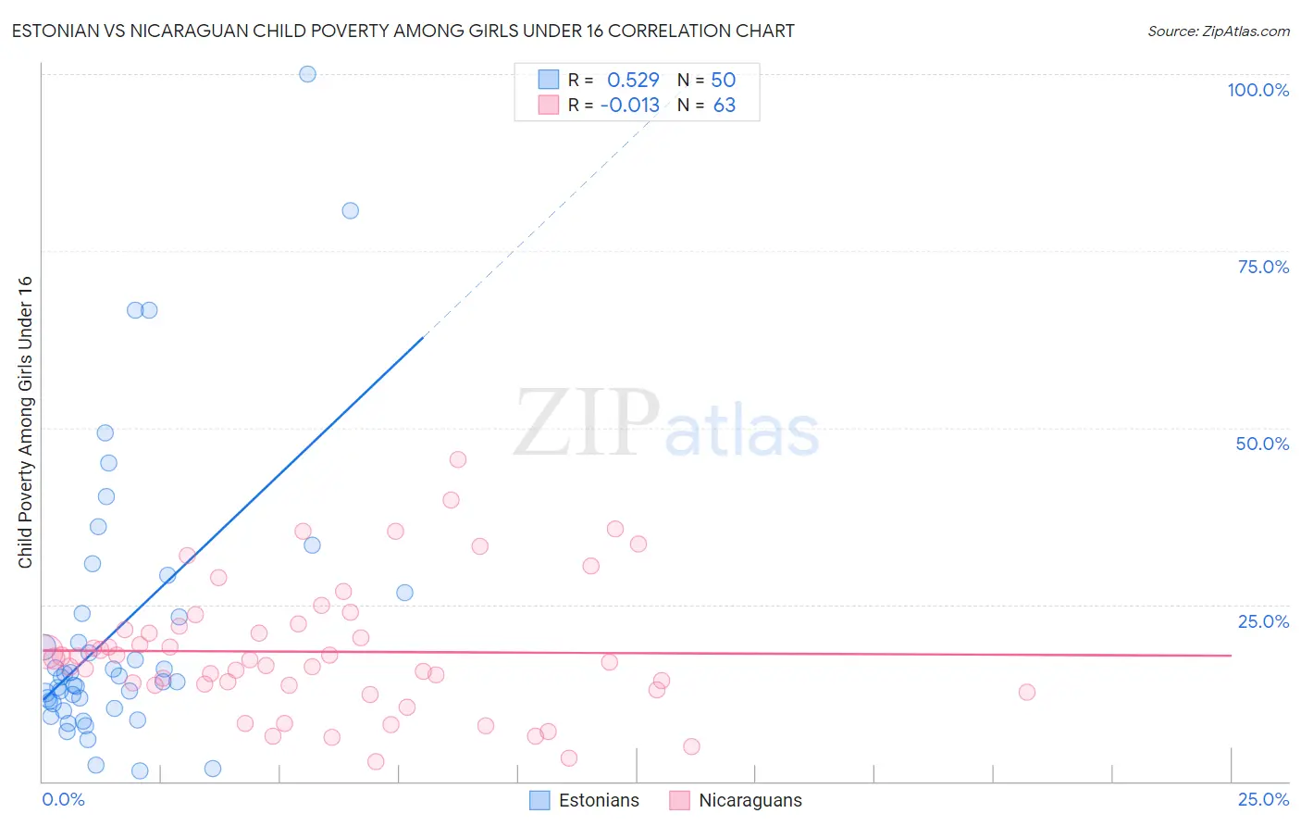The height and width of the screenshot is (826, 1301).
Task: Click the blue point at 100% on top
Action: [308, 74]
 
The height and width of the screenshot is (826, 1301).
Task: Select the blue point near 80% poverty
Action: [350, 210]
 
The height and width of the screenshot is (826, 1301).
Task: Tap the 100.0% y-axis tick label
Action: [1258, 90]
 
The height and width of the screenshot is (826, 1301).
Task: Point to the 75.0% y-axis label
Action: [1263, 267]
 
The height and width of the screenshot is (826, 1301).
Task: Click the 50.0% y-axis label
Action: [1262, 444]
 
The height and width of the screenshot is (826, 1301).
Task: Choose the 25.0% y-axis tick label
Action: [1263, 621]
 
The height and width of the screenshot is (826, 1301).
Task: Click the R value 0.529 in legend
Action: [633, 80]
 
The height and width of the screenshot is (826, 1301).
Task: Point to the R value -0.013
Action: [629, 105]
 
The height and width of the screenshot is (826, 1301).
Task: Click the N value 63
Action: [725, 105]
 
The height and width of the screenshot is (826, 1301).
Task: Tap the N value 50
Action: [724, 80]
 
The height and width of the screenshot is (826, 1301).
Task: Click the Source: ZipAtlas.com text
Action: [1218, 31]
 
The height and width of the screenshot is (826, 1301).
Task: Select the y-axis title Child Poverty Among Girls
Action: [25, 422]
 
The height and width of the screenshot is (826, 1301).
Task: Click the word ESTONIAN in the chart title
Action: [59, 31]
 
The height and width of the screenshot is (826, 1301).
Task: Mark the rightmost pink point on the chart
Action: [1026, 692]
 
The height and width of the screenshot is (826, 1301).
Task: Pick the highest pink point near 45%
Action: [457, 459]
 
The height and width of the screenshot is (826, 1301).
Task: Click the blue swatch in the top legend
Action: [549, 80]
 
